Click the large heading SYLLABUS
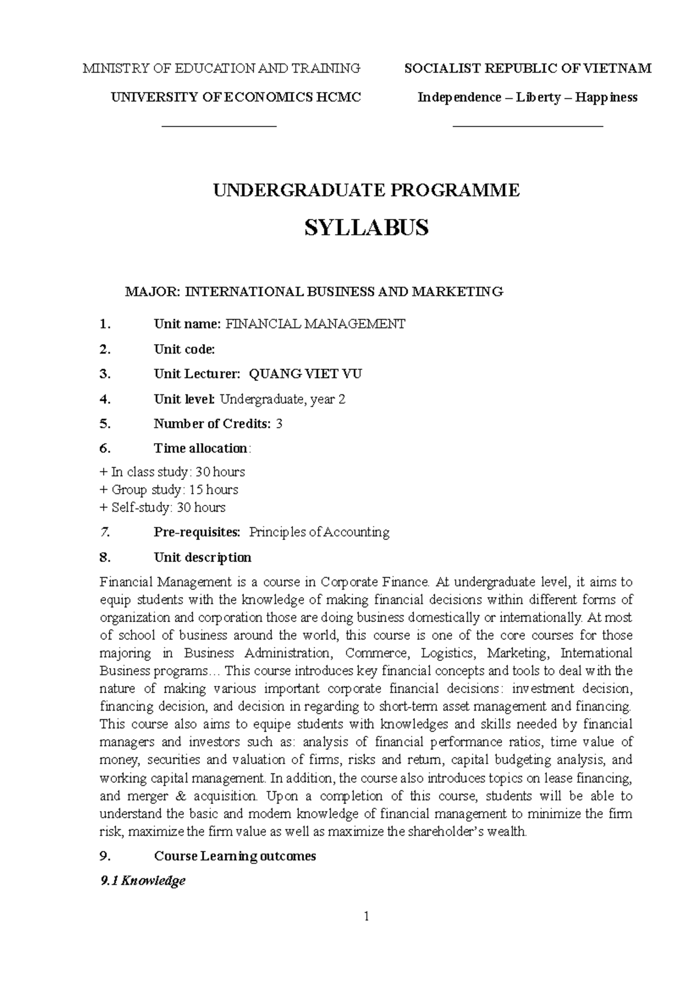click(x=366, y=228)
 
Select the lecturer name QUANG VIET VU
click(x=305, y=374)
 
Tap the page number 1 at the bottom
click(x=366, y=917)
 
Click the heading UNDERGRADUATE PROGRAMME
click(x=366, y=190)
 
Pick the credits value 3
click(x=279, y=424)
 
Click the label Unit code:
click(x=184, y=349)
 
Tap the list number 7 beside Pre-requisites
click(x=104, y=532)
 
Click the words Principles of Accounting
click(x=319, y=532)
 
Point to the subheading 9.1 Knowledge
click(x=143, y=881)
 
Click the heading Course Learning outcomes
click(x=235, y=856)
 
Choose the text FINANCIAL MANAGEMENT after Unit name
click(x=315, y=324)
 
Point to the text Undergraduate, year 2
click(x=283, y=399)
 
